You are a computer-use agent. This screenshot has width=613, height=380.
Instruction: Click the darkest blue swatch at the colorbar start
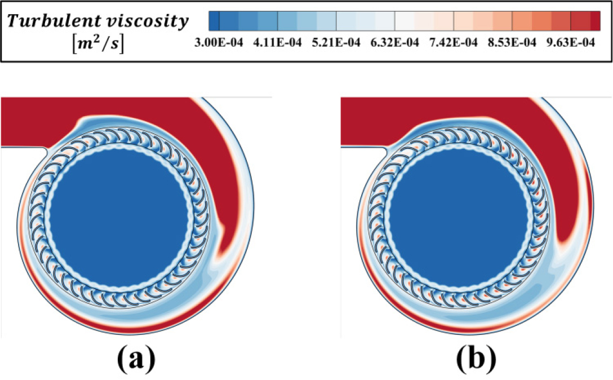(214, 21)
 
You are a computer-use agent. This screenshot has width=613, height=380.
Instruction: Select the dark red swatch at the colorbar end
(596, 21)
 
